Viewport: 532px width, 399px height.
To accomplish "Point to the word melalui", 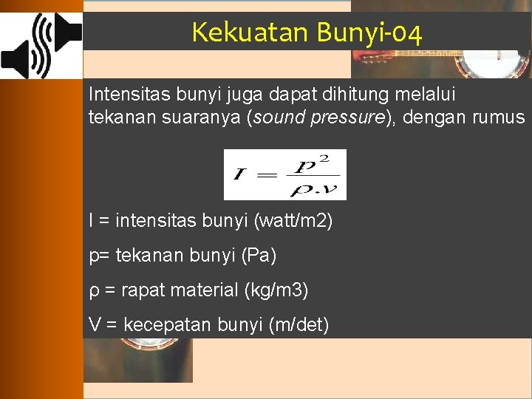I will click(x=429, y=95).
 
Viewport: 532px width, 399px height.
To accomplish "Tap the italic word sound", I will click(x=278, y=117).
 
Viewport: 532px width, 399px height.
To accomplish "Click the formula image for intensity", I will click(x=284, y=174).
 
